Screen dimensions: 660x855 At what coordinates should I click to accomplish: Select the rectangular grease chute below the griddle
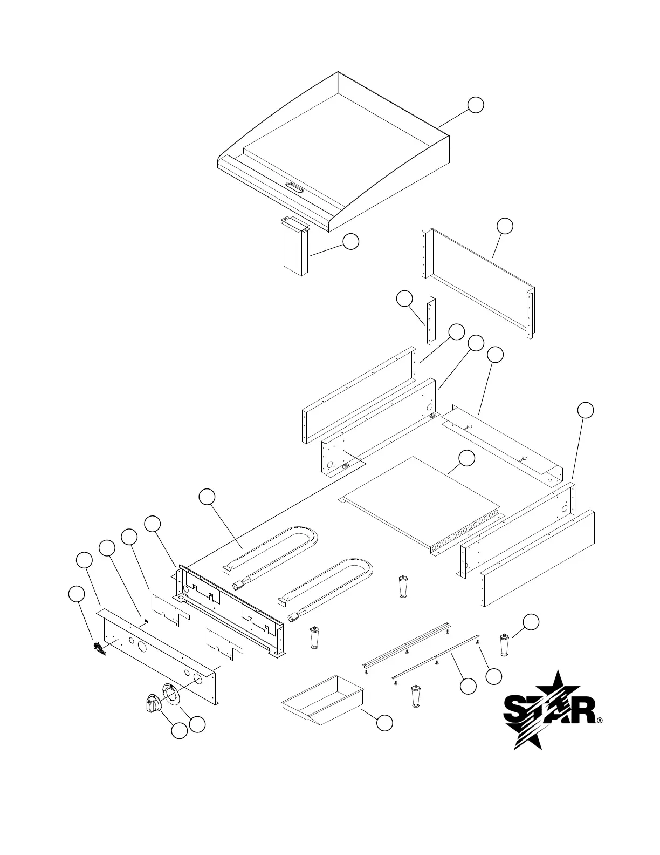pos(295,247)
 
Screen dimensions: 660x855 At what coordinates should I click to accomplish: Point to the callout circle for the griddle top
pos(475,105)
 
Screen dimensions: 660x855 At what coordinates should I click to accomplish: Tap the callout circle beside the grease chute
pos(351,242)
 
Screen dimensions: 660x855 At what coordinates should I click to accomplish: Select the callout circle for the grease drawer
pos(384,723)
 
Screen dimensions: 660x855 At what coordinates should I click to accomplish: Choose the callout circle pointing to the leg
pos(531,622)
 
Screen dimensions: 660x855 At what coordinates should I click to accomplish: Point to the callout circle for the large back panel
pos(505,226)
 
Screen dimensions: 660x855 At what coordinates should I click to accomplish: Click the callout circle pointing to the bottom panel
pos(466,458)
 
